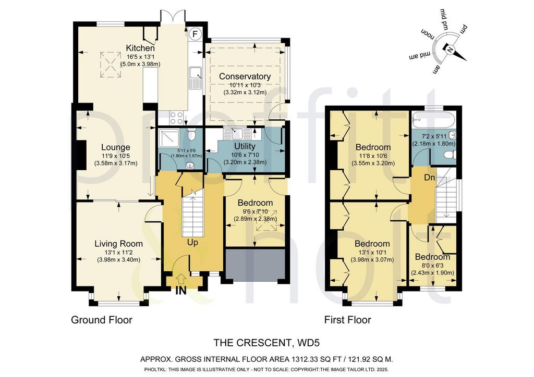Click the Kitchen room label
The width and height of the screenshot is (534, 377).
[140, 48]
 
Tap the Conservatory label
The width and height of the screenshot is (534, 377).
[245, 77]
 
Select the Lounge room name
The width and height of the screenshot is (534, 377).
[116, 147]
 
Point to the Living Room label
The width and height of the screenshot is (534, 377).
[118, 244]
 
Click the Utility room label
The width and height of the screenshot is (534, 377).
[245, 146]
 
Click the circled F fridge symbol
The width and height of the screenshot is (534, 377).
[195, 34]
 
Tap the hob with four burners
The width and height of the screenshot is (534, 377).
[176, 118]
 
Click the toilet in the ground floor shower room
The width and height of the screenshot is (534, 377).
[192, 134]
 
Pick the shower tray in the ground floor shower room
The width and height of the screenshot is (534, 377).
[168, 137]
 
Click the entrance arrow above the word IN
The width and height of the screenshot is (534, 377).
[181, 279]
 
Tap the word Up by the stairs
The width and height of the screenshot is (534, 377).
[192, 243]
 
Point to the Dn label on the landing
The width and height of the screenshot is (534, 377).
[430, 178]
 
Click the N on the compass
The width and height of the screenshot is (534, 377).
[450, 50]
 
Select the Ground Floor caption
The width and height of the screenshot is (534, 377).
[102, 320]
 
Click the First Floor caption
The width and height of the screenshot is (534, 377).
[347, 320]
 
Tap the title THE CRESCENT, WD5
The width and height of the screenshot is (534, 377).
[266, 343]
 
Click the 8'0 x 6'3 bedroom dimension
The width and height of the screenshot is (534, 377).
[432, 266]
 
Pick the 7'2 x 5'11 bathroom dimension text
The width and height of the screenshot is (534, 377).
[434, 136]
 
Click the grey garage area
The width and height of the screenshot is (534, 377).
[256, 265]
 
